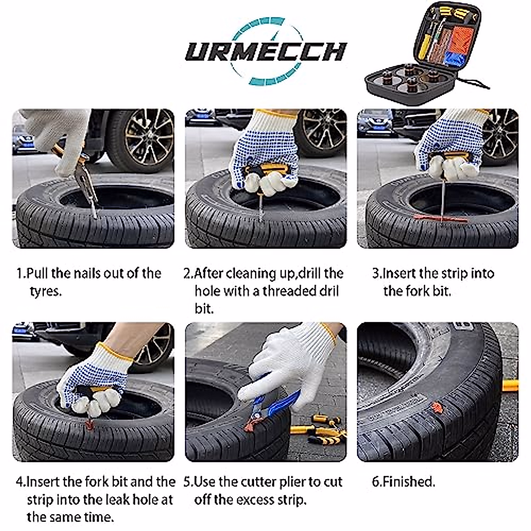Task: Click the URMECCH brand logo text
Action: pyautogui.click(x=265, y=51)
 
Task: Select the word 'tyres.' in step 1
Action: pyautogui.click(x=46, y=291)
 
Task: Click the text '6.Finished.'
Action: pyautogui.click(x=403, y=482)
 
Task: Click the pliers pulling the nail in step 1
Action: pyautogui.click(x=84, y=181)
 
